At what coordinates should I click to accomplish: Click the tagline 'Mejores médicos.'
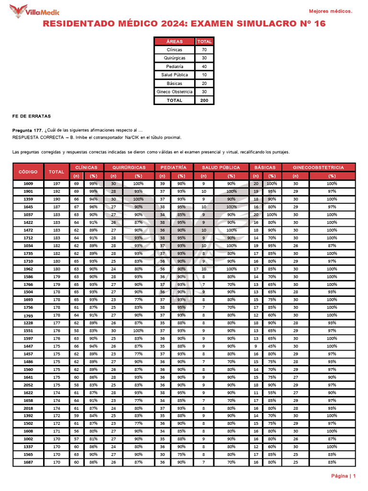[x=330, y=11]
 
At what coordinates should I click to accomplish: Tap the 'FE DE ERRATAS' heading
[x=31, y=117]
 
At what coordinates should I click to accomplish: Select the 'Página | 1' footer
[x=343, y=476]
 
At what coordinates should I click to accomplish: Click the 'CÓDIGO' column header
[x=28, y=171]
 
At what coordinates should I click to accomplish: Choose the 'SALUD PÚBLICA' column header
[x=221, y=167]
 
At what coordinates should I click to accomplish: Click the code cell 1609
[x=28, y=184]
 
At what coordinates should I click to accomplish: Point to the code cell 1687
[x=28, y=462]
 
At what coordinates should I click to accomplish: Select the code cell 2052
[x=28, y=385]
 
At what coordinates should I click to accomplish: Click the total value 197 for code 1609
[x=57, y=184]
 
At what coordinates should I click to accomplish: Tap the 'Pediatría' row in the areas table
[x=174, y=67]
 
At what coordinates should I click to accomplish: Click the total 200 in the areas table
[x=204, y=100]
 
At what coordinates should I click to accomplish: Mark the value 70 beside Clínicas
[x=204, y=50]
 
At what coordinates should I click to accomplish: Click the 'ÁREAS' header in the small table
[x=174, y=42]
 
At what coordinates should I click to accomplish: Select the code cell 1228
[x=28, y=323]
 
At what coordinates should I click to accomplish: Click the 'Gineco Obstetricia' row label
[x=174, y=92]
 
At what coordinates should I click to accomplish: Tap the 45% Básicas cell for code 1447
[x=272, y=346]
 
